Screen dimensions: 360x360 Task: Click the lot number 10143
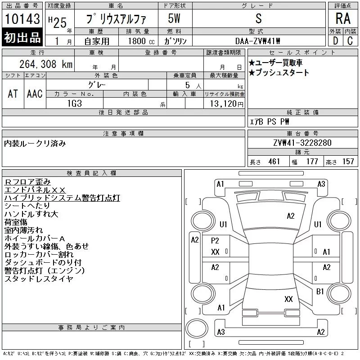click(x=22, y=18)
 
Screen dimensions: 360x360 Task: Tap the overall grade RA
click(x=343, y=18)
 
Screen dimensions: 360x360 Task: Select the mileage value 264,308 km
click(x=46, y=64)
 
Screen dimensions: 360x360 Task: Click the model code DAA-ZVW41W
click(x=258, y=41)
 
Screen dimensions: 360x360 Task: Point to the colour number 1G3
click(x=75, y=103)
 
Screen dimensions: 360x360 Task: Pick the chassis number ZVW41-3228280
click(x=302, y=143)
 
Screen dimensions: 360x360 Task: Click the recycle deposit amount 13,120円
click(x=227, y=103)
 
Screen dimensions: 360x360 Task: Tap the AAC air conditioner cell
click(x=35, y=94)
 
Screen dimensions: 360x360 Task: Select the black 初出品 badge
click(x=22, y=37)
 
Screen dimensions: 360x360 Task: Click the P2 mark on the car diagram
click(x=215, y=241)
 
